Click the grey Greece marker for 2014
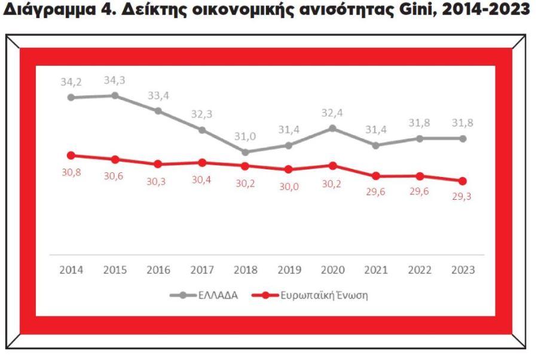[71, 97]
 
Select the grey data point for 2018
[246, 152]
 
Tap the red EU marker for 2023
[463, 181]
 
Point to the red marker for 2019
[289, 169]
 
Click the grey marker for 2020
[332, 129]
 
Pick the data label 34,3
[115, 80]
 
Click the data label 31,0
[246, 136]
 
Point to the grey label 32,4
[332, 112]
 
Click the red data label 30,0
[289, 186]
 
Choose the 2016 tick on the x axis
[158, 270]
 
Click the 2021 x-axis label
[376, 270]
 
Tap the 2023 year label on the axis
[463, 270]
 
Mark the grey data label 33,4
[158, 96]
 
